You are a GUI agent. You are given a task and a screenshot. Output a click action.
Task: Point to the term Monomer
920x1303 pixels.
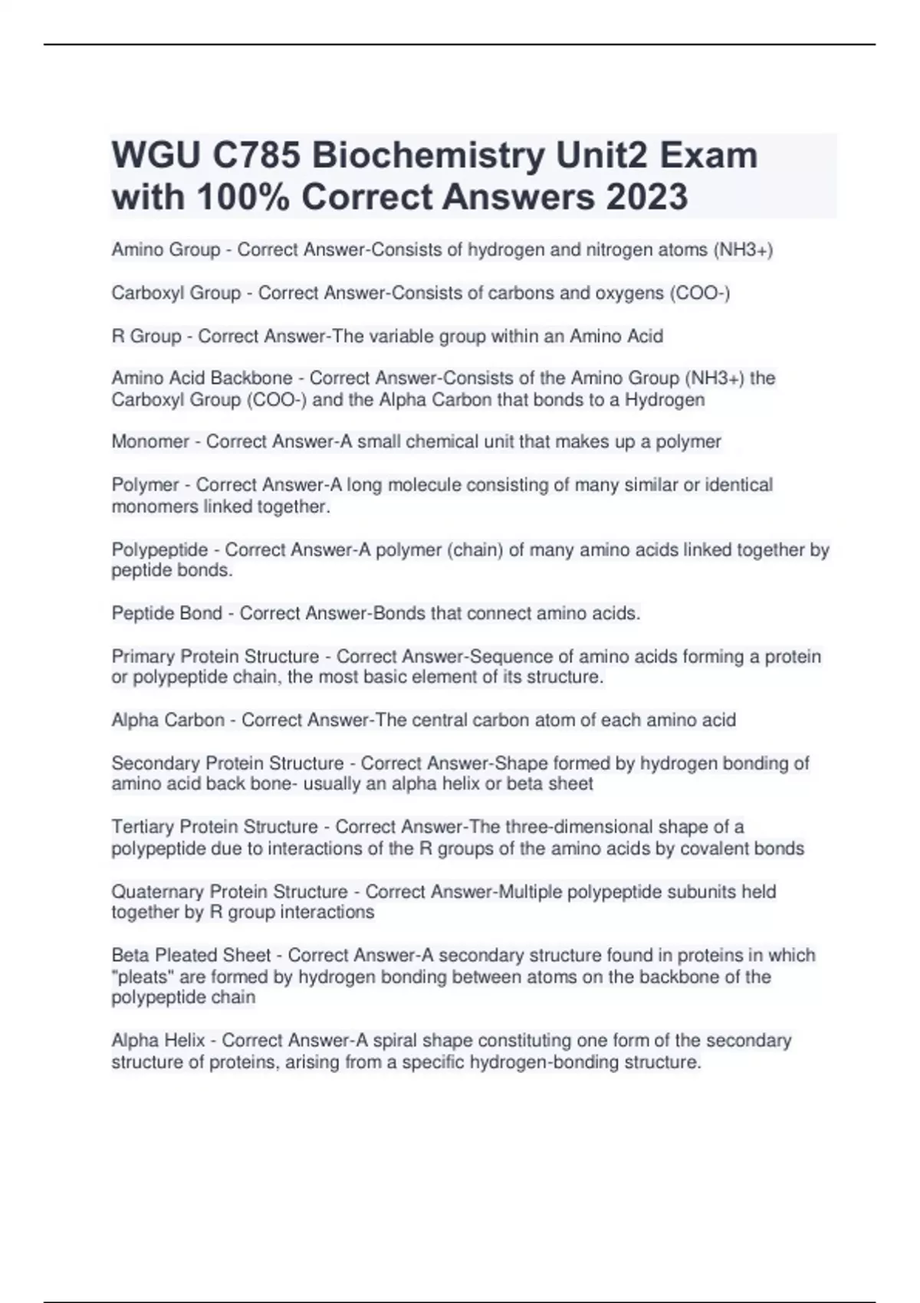click(150, 441)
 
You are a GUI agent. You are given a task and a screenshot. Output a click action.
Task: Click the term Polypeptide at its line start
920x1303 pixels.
click(159, 550)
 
